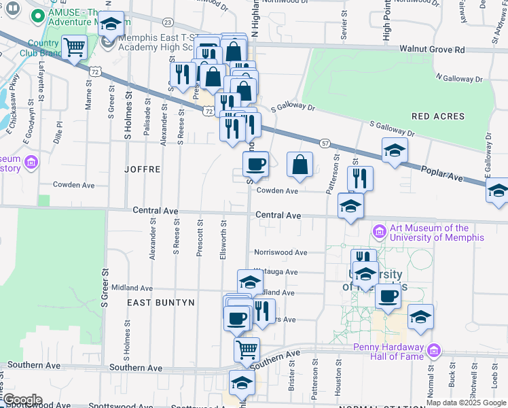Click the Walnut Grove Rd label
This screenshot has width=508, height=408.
(432, 50)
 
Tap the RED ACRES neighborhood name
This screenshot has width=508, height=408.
(438, 116)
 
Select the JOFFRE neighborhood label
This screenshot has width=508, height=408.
(143, 169)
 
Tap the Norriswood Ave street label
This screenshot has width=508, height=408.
(280, 252)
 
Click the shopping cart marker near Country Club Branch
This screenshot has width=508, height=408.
(74, 48)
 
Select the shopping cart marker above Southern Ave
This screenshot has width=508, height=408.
(247, 350)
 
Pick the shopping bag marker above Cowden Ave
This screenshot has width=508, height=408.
(300, 165)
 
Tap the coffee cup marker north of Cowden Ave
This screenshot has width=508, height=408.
(256, 164)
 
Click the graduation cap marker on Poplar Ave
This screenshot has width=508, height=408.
(395, 151)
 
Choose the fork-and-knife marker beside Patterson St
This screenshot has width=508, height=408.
(360, 178)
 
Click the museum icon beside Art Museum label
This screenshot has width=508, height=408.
(378, 233)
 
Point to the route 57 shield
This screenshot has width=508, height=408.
(326, 143)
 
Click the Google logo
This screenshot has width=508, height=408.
(22, 400)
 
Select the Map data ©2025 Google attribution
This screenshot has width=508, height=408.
(467, 403)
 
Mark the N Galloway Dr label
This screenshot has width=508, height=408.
(458, 79)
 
